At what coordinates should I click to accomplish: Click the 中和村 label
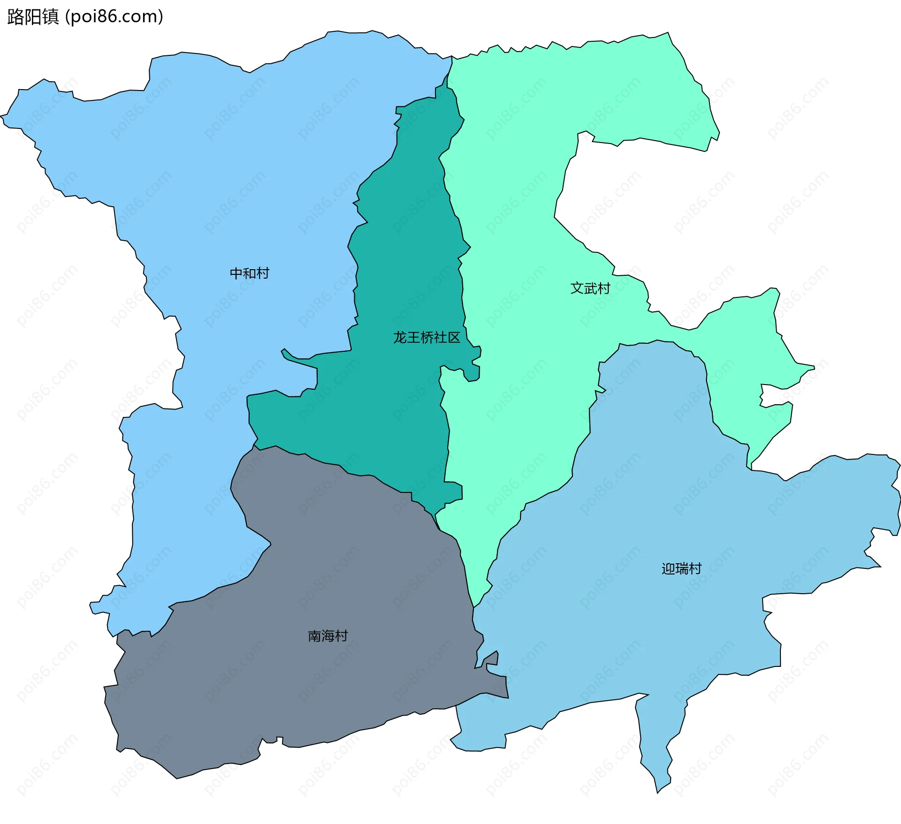pyautogui.click(x=249, y=273)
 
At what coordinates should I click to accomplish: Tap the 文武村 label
pyautogui.click(x=590, y=288)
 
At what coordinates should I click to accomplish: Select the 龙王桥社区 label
pyautogui.click(x=427, y=338)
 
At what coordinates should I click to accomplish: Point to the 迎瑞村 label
pyautogui.click(x=681, y=569)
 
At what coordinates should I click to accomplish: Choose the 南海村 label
pyautogui.click(x=328, y=636)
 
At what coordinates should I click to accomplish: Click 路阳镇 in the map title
pyautogui.click(x=33, y=17)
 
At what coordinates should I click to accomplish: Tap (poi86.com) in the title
pyautogui.click(x=115, y=17)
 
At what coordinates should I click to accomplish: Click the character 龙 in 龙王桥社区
pyautogui.click(x=400, y=338)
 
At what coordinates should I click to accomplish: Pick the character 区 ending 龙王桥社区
pyautogui.click(x=454, y=338)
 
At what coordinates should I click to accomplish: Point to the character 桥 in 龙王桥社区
pyautogui.click(x=427, y=338)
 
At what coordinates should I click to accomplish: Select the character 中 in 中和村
pyautogui.click(x=236, y=273)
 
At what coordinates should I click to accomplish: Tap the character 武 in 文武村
pyautogui.click(x=590, y=288)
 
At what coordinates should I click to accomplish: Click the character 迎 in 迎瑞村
pyautogui.click(x=668, y=569)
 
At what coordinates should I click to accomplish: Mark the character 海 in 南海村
pyautogui.click(x=328, y=636)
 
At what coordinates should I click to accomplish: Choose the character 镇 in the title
pyautogui.click(x=51, y=17)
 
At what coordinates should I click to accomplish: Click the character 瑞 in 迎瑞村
pyautogui.click(x=682, y=569)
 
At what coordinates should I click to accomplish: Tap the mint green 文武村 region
pyautogui.click(x=516, y=188)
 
